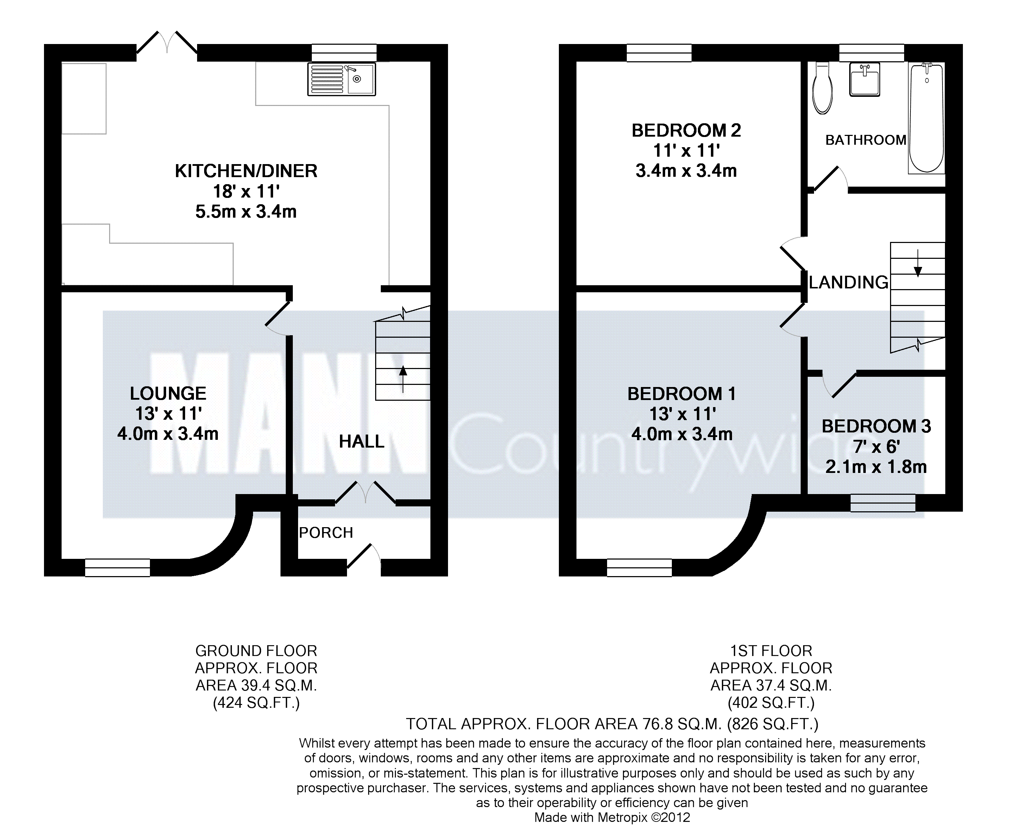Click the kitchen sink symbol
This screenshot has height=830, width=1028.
[x=341, y=79]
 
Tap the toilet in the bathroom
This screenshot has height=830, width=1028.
[x=822, y=88]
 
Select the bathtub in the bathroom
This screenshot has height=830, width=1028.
[x=927, y=118]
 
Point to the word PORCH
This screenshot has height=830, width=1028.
[x=326, y=532]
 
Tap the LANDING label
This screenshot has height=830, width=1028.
[x=849, y=282]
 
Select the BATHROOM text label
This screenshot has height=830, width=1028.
[x=866, y=140]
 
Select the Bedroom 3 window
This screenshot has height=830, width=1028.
[x=883, y=503]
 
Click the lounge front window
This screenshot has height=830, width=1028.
[x=118, y=568]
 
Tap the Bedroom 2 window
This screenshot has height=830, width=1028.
[x=659, y=53]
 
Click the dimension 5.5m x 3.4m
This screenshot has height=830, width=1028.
[x=246, y=211]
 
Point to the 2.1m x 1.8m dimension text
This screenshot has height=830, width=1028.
[x=876, y=467]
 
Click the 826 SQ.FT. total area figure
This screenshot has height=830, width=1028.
[x=773, y=724]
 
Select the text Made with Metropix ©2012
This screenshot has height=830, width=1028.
[x=612, y=818]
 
